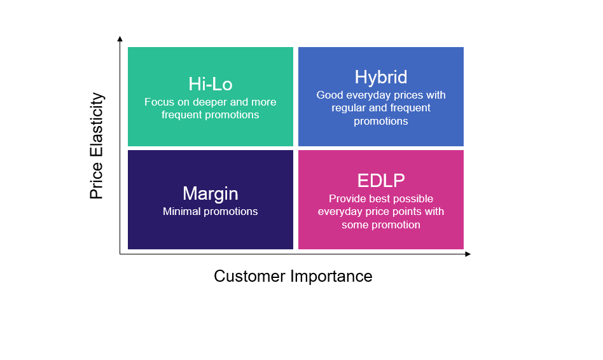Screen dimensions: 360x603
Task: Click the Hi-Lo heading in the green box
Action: point(210,84)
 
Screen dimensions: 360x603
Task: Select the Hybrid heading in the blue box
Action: point(380,78)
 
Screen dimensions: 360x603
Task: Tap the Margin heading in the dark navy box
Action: point(210,193)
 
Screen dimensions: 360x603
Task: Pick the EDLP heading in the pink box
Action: point(380,181)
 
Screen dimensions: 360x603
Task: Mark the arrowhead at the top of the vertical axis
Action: point(120,39)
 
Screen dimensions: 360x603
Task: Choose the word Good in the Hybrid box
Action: point(329,95)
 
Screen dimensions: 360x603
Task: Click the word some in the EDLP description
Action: point(355,225)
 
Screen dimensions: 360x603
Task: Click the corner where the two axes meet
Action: point(120,254)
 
